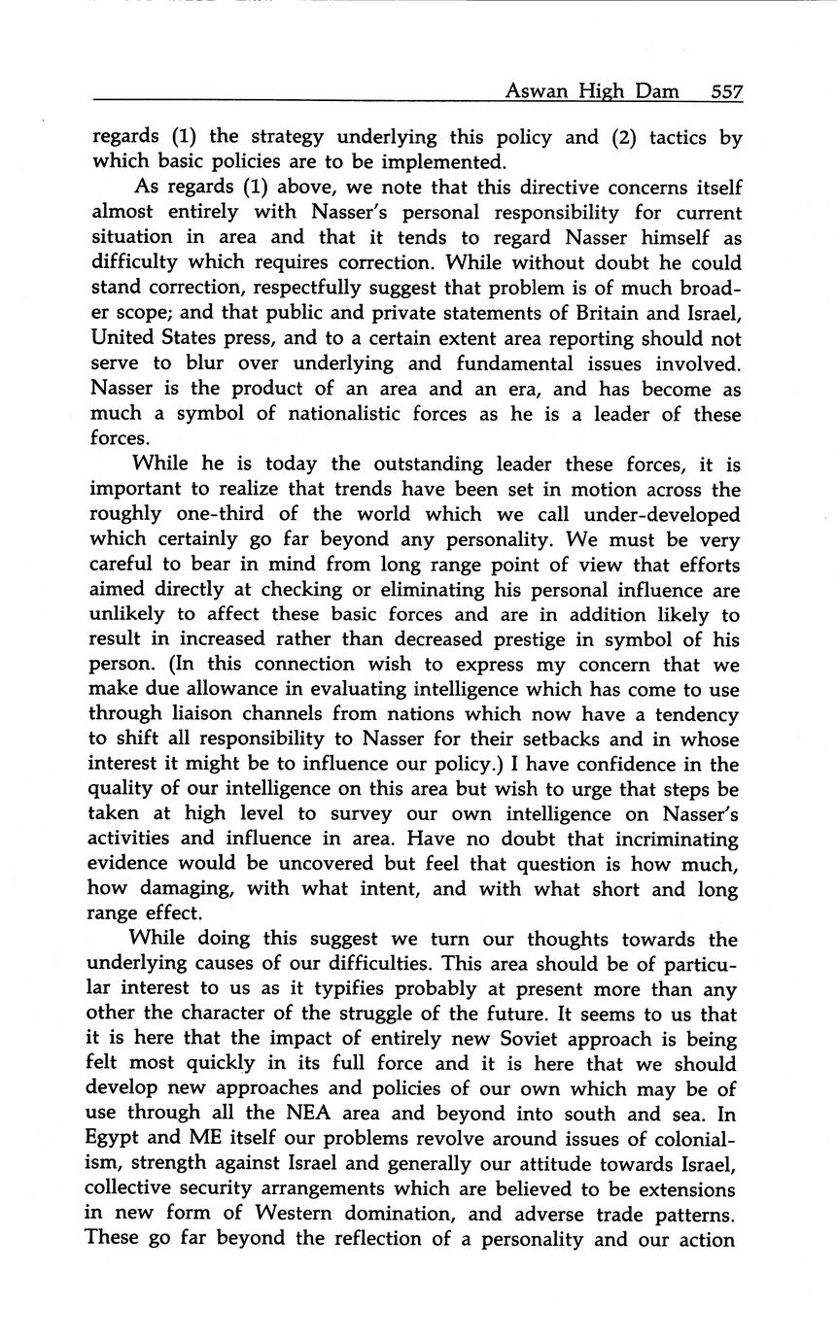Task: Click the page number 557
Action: coord(726,92)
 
